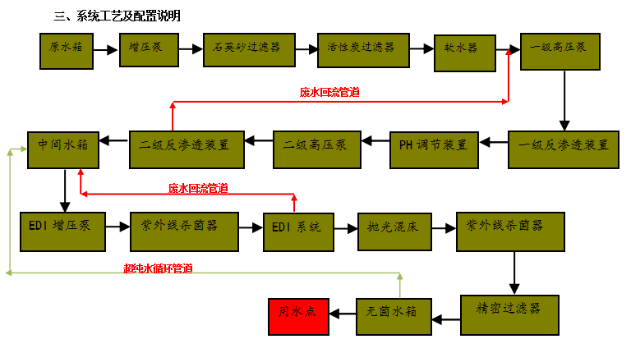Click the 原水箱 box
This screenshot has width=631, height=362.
pyautogui.click(x=67, y=50)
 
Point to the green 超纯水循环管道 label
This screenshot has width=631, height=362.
pyautogui.click(x=158, y=268)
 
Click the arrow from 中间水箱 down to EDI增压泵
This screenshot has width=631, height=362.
pyautogui.click(x=64, y=190)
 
